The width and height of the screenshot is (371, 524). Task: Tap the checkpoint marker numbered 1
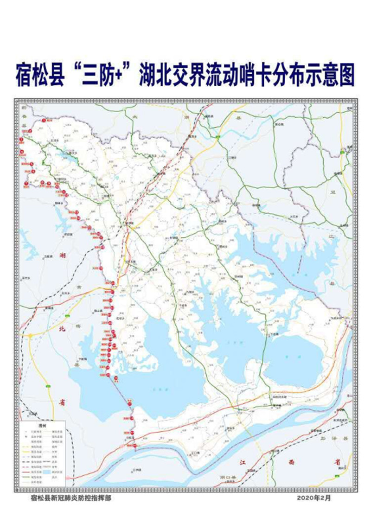44,120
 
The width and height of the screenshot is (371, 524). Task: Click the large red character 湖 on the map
63,256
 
